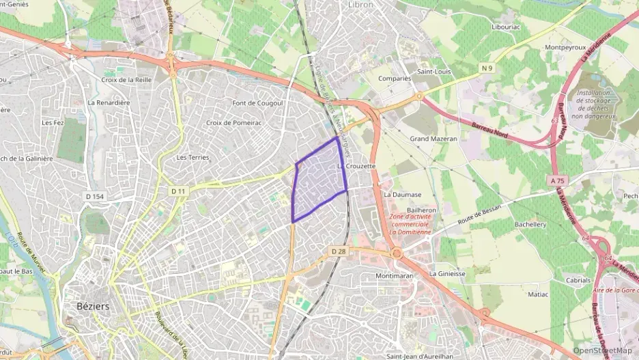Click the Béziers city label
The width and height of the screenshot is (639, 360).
(x=89, y=307)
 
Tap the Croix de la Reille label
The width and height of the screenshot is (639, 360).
(x=126, y=80)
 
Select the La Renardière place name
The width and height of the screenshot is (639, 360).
(x=109, y=102)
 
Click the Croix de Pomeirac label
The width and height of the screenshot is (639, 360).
(x=234, y=123)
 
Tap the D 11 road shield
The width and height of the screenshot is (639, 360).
(x=179, y=191)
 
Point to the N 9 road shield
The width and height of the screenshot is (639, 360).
(x=486, y=68)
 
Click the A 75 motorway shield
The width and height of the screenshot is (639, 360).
(x=557, y=181)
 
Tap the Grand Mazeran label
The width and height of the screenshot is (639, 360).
(x=433, y=139)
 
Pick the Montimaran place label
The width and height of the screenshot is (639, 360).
(x=395, y=276)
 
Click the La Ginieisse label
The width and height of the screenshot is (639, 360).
(x=447, y=273)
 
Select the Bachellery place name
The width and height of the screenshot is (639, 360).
(x=530, y=224)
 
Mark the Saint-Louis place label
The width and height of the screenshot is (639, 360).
(x=436, y=71)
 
